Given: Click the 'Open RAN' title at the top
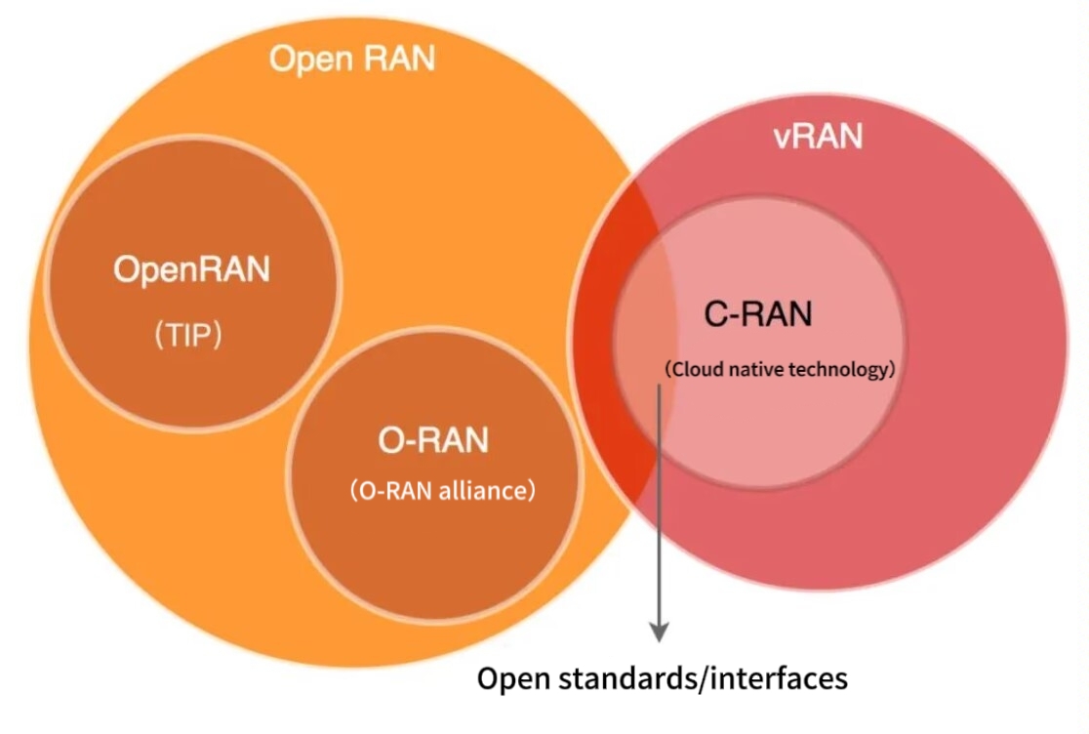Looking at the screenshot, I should (x=351, y=60).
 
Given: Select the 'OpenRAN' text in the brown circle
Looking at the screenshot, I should (x=191, y=269).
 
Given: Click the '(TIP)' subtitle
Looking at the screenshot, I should (x=190, y=336).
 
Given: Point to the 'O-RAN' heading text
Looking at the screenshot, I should (x=433, y=441).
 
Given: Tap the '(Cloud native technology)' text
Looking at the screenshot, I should (x=778, y=370).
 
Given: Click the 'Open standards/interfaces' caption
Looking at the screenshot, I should (x=662, y=678).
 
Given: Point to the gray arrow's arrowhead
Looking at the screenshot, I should (x=660, y=632).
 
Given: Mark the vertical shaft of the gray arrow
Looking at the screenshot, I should (x=660, y=508).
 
